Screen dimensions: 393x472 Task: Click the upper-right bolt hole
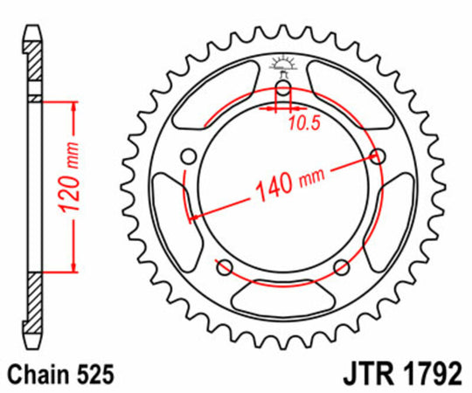pos(378,156)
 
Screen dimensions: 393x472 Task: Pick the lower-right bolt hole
pos(342,266)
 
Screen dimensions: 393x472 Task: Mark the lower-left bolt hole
pos(224,266)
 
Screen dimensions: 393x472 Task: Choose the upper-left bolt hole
pos(187,156)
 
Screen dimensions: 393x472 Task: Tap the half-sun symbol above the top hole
pos(282,63)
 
